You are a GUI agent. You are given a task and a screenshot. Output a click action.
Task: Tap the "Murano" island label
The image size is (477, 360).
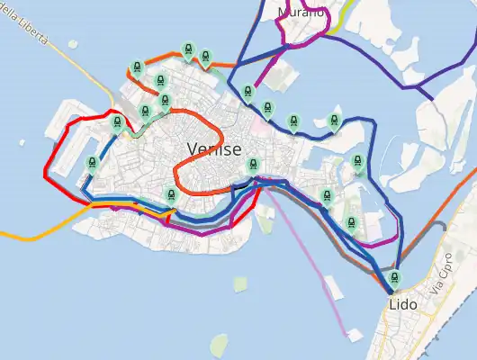coord(301,12)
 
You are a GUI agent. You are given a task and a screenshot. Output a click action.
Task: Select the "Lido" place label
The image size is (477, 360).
coord(402,304)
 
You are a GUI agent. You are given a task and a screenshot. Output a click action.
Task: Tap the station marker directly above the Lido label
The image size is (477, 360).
coord(393,278)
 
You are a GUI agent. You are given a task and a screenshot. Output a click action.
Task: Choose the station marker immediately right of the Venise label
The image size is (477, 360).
coord(254,166)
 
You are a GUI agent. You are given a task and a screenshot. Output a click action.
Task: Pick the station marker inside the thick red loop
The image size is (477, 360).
coord(92,163)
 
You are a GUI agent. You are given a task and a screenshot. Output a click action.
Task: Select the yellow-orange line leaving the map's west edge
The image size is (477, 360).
coord(27,238)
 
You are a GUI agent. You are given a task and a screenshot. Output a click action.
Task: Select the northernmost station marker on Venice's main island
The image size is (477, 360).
coord(188,49)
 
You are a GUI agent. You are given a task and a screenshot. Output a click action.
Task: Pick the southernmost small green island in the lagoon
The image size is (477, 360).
coord(220,345)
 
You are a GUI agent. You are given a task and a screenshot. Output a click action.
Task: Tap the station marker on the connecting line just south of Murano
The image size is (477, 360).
coord(247,92)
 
